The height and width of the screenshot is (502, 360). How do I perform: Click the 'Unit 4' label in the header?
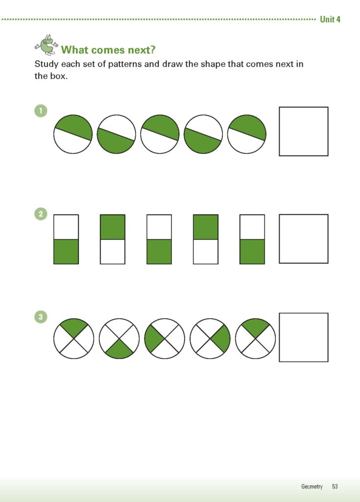click(x=330, y=19)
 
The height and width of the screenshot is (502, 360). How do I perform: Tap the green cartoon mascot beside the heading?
click(x=47, y=45)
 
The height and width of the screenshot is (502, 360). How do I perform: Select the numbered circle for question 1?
click(x=40, y=111)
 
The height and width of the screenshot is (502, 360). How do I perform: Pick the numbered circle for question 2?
click(x=40, y=214)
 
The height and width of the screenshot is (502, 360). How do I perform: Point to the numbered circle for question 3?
click(x=40, y=317)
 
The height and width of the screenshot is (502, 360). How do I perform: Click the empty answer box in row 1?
click(x=303, y=131)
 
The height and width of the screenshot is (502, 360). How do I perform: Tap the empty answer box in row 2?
click(x=303, y=239)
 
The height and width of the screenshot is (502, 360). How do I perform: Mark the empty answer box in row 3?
click(x=303, y=337)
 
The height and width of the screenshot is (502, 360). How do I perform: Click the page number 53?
click(x=334, y=486)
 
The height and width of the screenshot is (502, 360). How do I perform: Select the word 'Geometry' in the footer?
click(x=312, y=486)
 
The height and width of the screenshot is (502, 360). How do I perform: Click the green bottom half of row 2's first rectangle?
click(x=66, y=251)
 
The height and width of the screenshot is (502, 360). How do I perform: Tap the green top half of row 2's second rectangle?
click(x=112, y=227)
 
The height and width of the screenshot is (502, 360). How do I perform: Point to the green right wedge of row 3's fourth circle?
click(x=221, y=339)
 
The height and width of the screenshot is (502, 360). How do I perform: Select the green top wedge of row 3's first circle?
click(x=73, y=326)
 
